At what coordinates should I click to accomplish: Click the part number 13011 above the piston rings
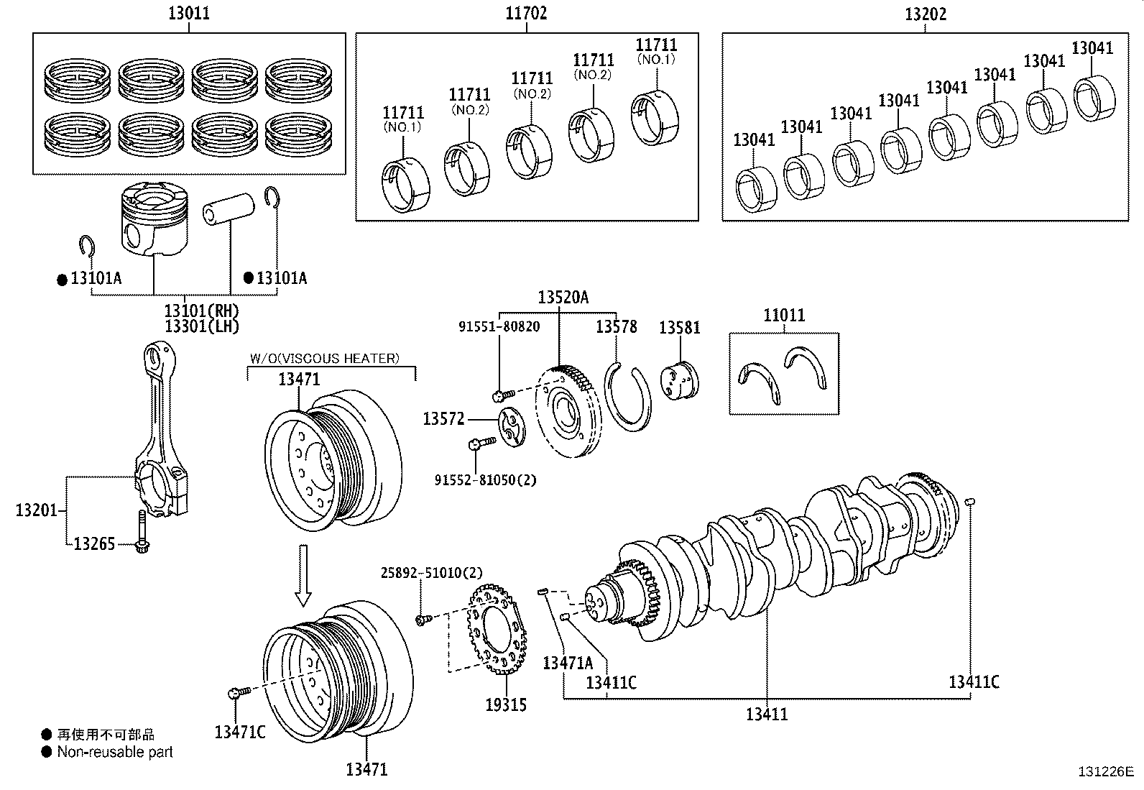[x=189, y=13]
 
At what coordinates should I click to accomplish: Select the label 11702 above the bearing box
[x=526, y=13]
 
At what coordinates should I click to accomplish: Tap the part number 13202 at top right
[x=925, y=13]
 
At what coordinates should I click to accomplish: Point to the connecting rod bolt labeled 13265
[x=142, y=532]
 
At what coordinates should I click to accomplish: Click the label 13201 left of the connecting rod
[x=36, y=511]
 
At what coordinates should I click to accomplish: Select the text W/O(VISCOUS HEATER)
[x=324, y=358]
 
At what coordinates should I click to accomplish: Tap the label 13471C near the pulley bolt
[x=239, y=732]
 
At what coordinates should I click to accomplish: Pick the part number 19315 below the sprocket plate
[x=505, y=705]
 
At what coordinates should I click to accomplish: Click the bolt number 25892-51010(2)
[x=431, y=572]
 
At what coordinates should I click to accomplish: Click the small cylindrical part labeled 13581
[x=679, y=380]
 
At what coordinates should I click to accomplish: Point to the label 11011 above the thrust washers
[x=783, y=316]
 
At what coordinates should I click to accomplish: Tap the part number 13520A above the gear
[x=563, y=298]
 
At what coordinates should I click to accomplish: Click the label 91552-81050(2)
[x=485, y=479]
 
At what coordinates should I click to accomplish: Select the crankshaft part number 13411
[x=767, y=714]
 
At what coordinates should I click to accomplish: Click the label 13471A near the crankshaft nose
[x=568, y=663]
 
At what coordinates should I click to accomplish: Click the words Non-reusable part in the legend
[x=115, y=752]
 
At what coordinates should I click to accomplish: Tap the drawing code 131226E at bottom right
[x=1104, y=772]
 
